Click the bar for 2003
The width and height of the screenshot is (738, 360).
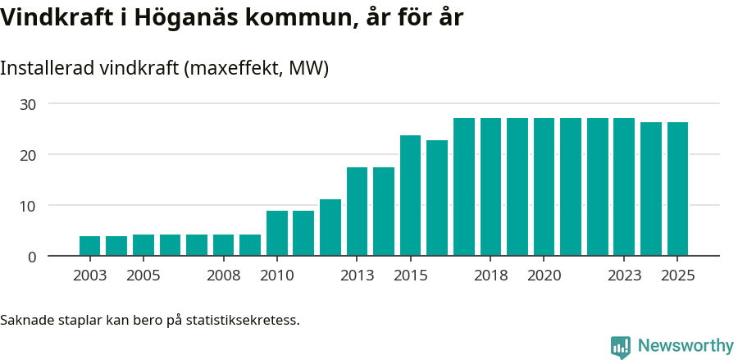pyautogui.click(x=90, y=246)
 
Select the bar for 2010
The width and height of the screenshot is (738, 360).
pyautogui.click(x=277, y=234)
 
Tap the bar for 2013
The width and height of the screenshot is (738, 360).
pyautogui.click(x=357, y=212)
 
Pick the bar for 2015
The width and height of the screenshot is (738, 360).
pyautogui.click(x=410, y=195)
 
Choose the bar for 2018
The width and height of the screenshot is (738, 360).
pyautogui.click(x=490, y=187)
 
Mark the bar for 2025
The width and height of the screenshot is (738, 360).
pyautogui.click(x=677, y=189)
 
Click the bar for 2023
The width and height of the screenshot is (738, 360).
pyautogui.click(x=624, y=187)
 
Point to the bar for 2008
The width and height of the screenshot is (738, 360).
pyautogui.click(x=224, y=245)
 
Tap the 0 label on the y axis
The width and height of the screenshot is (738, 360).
pyautogui.click(x=32, y=257)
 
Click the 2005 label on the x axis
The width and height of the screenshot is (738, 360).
pyautogui.click(x=143, y=276)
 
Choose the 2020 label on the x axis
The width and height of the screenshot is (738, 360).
pyautogui.click(x=544, y=276)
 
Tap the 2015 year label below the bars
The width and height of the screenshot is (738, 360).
pyautogui.click(x=410, y=276)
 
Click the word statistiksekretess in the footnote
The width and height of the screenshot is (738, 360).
pyautogui.click(x=243, y=319)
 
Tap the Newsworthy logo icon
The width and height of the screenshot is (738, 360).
pyautogui.click(x=621, y=347)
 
